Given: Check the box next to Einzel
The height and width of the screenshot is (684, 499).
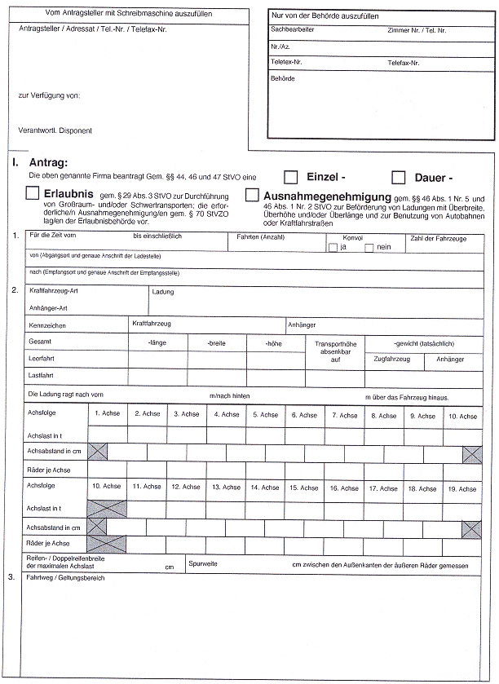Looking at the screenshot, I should click(291, 177).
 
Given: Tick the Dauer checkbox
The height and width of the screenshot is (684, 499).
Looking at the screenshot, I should click(399, 177).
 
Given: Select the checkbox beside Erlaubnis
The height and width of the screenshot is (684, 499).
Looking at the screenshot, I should click(33, 193).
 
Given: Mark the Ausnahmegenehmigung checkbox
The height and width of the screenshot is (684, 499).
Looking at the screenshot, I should click(252, 196).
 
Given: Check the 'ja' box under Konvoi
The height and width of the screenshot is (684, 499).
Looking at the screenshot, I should click(332, 247).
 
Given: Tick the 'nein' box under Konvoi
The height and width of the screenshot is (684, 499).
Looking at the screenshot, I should click(369, 247).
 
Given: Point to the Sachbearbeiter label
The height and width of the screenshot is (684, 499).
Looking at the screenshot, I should click(293, 29).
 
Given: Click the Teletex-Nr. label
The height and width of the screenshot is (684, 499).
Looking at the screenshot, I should click(287, 62).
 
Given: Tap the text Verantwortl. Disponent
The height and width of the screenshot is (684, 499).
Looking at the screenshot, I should click(55, 130).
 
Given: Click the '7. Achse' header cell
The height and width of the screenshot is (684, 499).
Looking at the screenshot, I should click(344, 415).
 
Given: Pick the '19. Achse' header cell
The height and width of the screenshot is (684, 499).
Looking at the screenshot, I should click(462, 488).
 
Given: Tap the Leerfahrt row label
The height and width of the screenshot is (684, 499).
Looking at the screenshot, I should click(41, 359).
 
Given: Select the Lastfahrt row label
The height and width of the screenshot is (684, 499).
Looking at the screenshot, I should click(41, 375).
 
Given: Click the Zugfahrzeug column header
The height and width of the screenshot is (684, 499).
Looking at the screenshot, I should click(391, 359).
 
